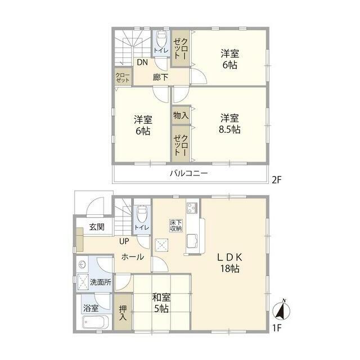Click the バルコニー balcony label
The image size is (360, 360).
[x=189, y=173]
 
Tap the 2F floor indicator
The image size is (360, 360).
[x=276, y=180]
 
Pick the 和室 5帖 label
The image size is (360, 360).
[x=161, y=303]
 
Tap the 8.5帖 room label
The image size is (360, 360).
[x=229, y=124]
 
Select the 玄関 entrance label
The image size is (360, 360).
[x=96, y=227]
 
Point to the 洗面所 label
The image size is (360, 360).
[x=102, y=282]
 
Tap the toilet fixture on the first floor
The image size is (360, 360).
[x=141, y=213]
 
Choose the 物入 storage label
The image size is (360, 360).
[x=180, y=116]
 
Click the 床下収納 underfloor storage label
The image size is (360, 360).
[x=175, y=226]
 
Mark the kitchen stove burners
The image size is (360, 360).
[x=192, y=207]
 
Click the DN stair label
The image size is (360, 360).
[x=142, y=62]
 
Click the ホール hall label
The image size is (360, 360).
[x=133, y=257]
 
